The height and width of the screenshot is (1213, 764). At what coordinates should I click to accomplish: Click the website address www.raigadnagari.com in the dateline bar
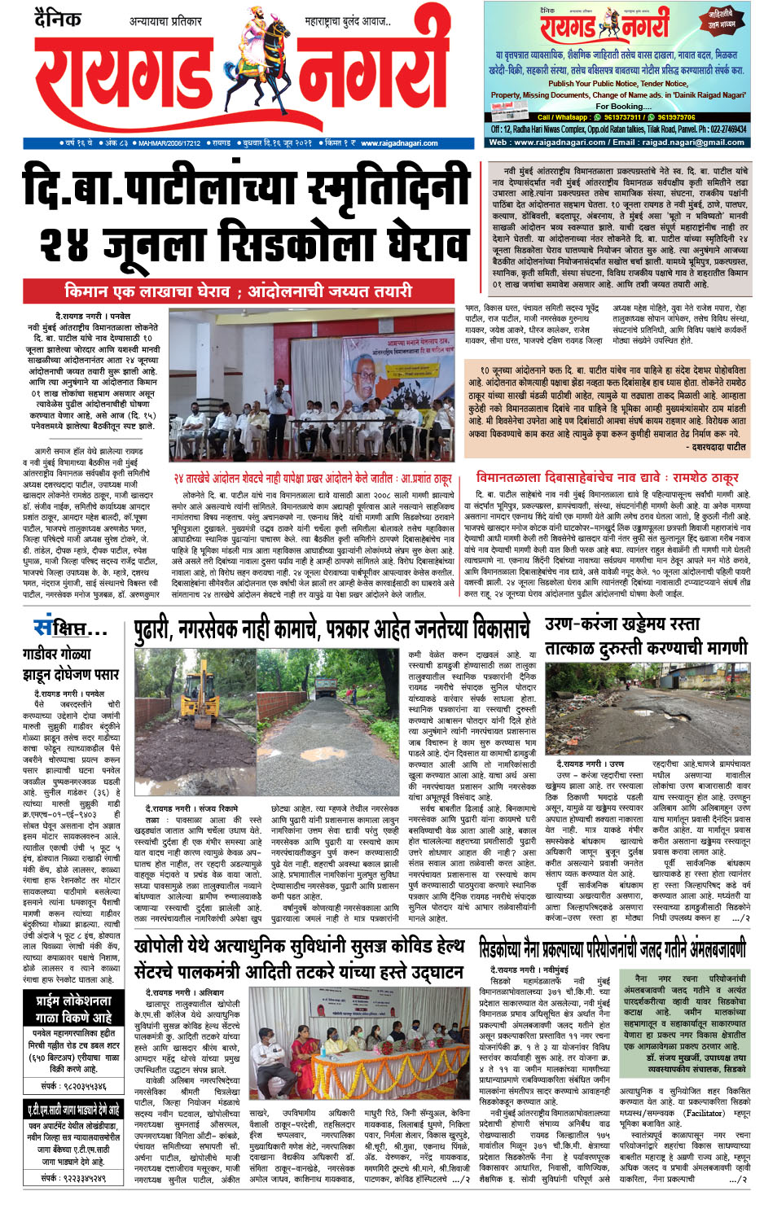[398, 143]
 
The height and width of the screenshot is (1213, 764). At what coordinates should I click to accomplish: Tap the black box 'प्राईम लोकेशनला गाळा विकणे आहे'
[73, 1009]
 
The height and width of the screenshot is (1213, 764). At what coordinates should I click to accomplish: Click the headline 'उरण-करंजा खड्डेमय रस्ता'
[622, 624]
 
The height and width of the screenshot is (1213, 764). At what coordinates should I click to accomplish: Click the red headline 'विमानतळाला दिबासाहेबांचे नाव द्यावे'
[606, 477]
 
